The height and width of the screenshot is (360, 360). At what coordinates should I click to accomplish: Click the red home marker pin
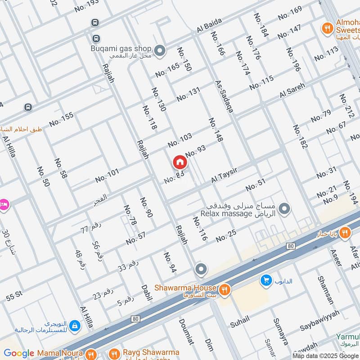179,162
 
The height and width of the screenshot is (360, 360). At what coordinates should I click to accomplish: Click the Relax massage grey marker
284,209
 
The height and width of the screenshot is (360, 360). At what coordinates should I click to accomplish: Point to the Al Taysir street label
224,175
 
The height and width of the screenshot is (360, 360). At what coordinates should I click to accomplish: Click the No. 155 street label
61,119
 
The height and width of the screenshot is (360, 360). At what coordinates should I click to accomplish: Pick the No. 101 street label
107,175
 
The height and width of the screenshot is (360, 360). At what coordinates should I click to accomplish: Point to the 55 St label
14,297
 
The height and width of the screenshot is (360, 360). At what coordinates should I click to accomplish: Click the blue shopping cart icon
265,281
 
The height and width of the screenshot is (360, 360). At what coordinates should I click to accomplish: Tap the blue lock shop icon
75,325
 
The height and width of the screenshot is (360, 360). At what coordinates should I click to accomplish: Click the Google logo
19,353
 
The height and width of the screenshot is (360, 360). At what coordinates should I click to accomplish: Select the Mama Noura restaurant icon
91,353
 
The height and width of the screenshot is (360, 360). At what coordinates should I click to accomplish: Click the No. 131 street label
188,94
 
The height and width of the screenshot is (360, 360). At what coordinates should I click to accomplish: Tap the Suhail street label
239,320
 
